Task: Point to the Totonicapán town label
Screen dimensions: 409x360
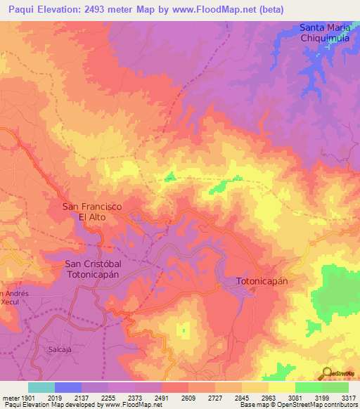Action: (x=262, y=280)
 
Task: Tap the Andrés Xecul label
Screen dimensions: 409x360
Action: (x=13, y=297)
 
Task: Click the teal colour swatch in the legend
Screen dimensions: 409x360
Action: (x=41, y=387)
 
